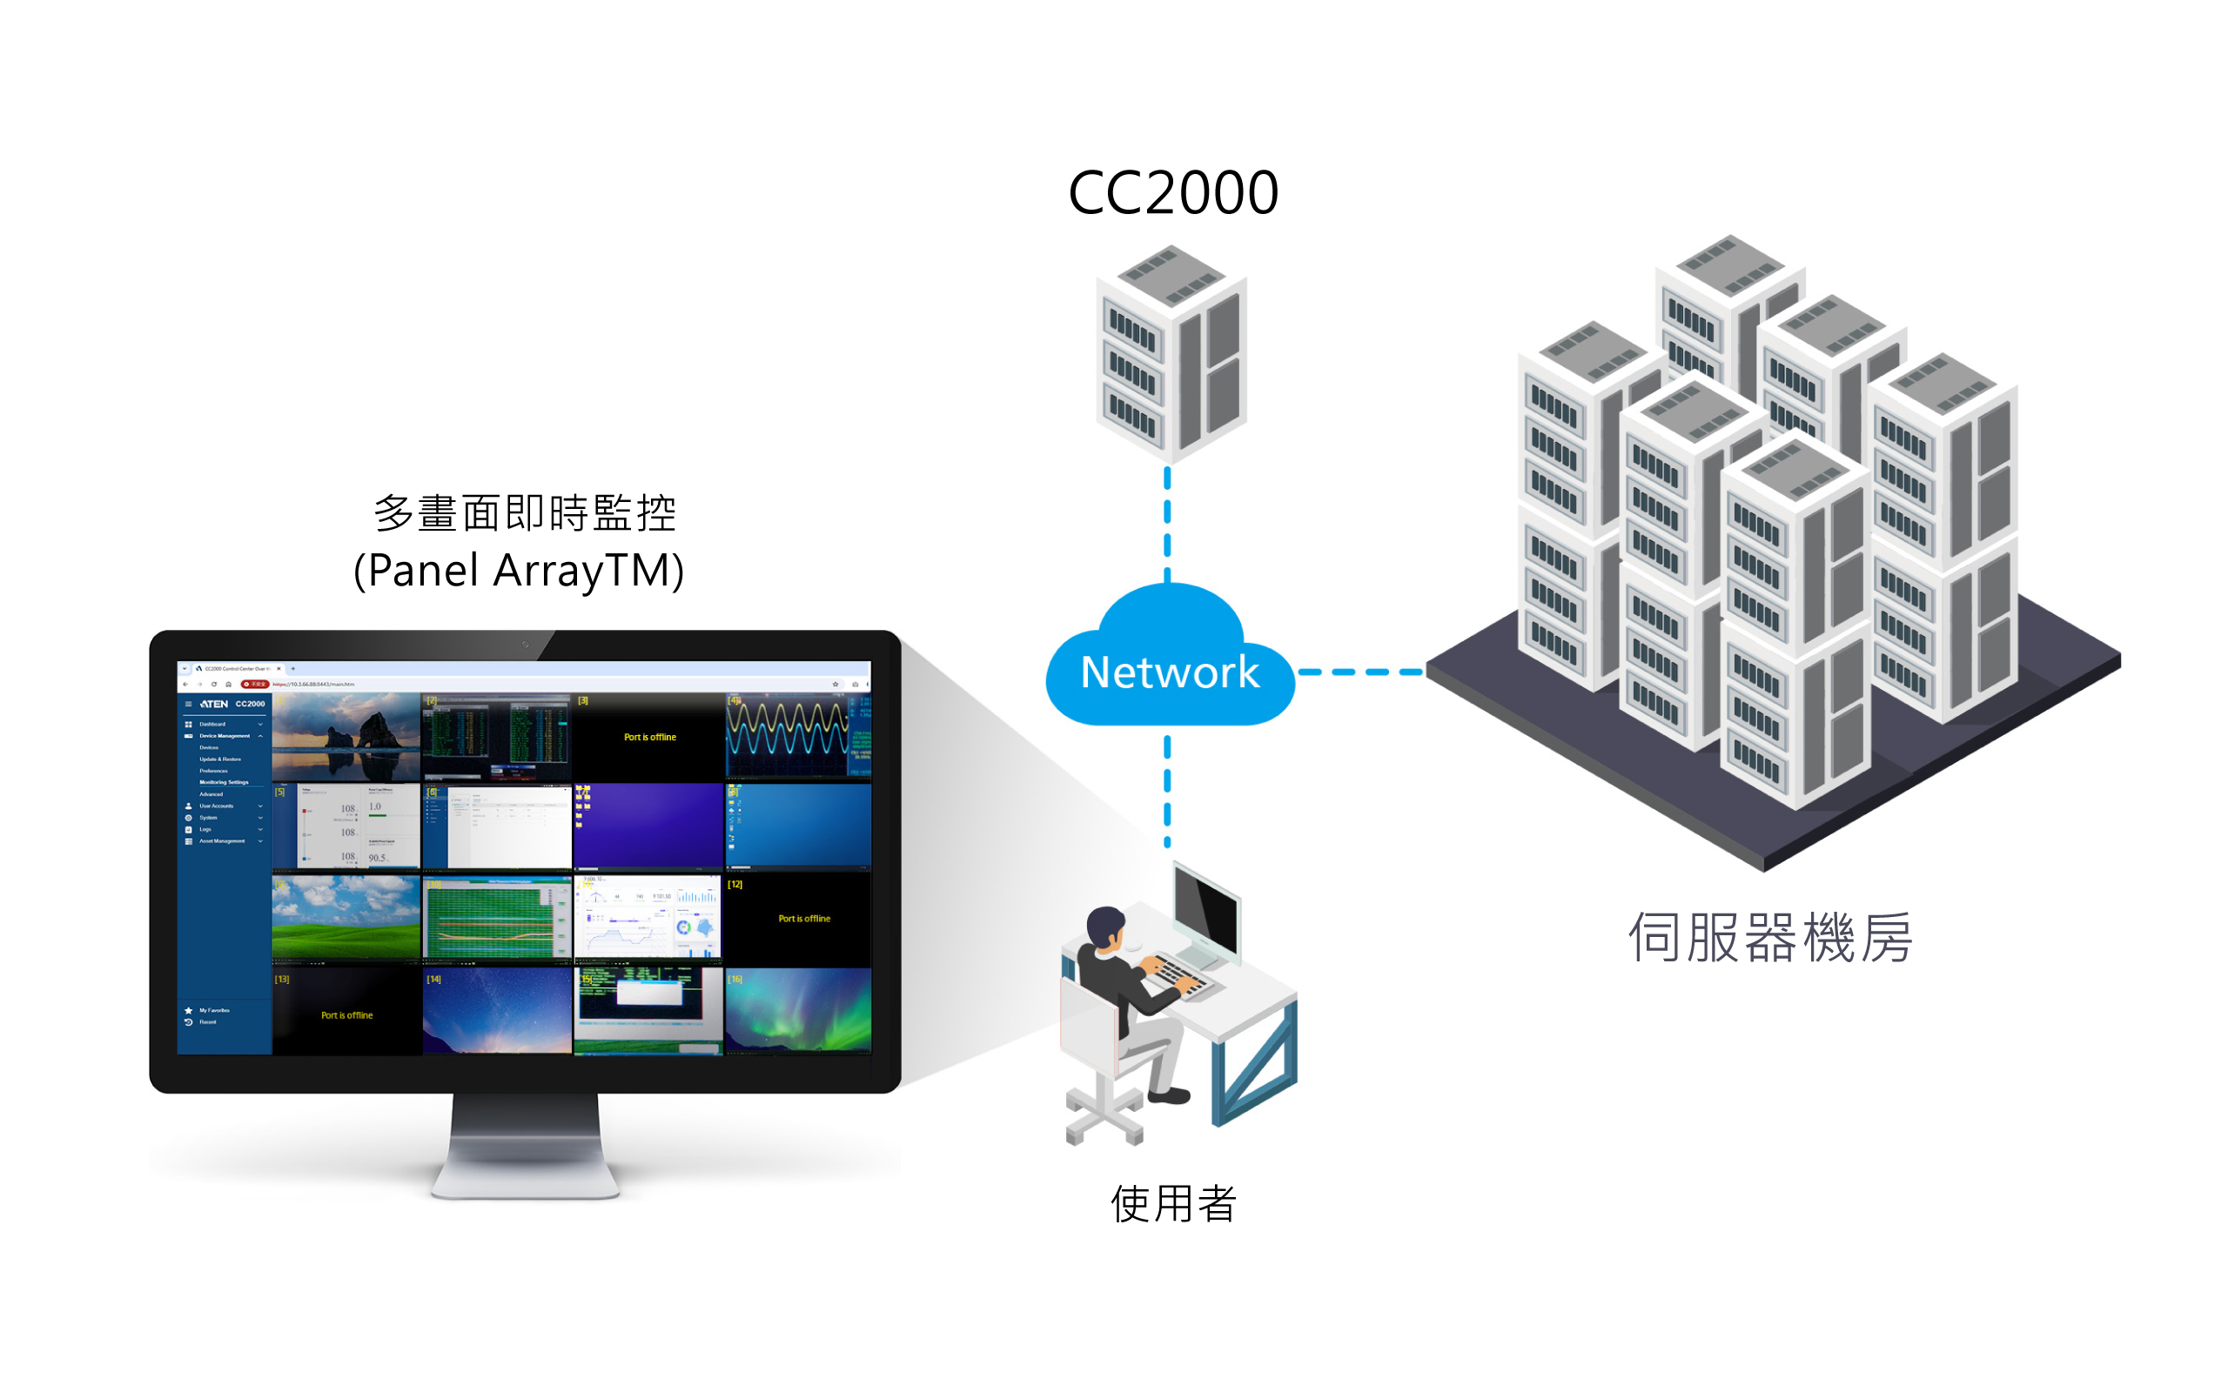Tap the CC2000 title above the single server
pos(1173,193)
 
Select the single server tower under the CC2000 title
pos(1171,354)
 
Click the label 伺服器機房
pos(1769,938)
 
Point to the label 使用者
pos(1173,1203)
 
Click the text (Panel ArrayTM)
pos(520,570)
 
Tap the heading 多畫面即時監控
pos(525,512)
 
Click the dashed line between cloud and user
pos(1167,792)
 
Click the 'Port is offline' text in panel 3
pos(650,738)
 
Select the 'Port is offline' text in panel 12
pos(804,919)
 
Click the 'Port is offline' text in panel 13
pos(347,1015)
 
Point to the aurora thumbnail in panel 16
pos(797,1009)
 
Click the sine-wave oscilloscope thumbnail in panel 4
pos(787,733)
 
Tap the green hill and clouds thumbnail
pos(346,917)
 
